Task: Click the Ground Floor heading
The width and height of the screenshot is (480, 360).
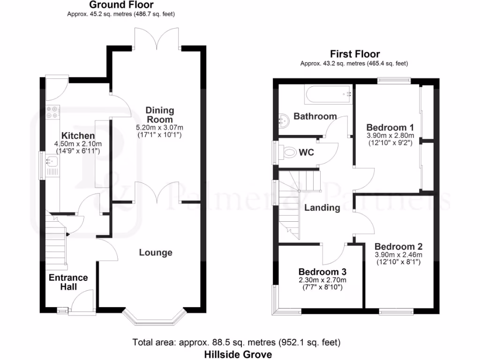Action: click(x=121, y=5)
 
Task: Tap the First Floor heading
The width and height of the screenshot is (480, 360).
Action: click(x=355, y=54)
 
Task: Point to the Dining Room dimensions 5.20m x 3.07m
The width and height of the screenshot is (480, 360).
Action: click(x=159, y=127)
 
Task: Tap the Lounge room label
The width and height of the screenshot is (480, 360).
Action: click(x=156, y=253)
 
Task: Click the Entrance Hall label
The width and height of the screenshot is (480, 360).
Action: click(x=68, y=282)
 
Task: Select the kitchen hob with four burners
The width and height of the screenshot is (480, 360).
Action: click(x=52, y=112)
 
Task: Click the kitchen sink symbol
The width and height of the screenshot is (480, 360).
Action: click(x=51, y=162)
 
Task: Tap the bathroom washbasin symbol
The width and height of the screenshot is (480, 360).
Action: click(x=284, y=120)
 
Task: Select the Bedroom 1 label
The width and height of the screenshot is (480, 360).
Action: click(x=390, y=127)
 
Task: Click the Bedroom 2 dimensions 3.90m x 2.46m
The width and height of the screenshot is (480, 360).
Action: click(x=398, y=255)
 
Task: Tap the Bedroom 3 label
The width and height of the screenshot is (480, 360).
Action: click(x=322, y=272)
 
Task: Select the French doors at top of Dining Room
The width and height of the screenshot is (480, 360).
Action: click(x=157, y=37)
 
